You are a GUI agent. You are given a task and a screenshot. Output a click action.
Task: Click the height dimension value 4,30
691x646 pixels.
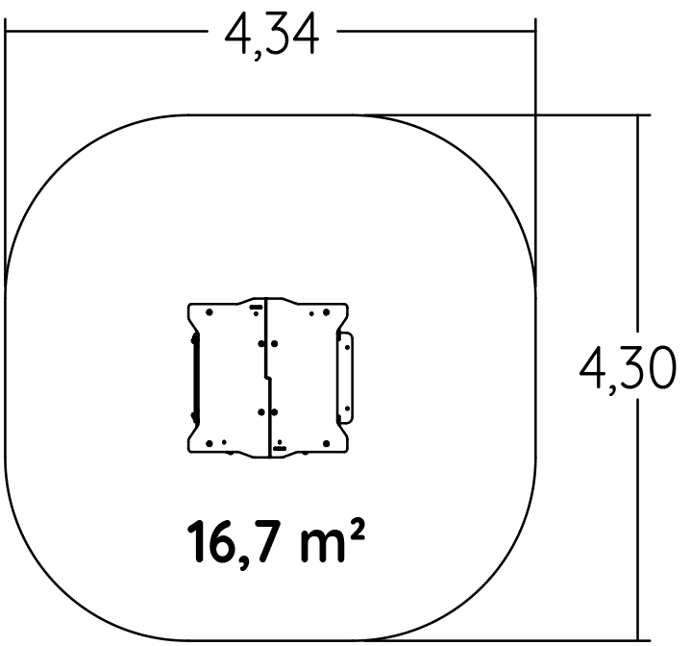coord(627,369)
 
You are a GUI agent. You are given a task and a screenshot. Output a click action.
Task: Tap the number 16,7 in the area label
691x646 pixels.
coord(238,541)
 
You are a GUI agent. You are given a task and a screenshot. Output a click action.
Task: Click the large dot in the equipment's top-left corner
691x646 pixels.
coord(210,312)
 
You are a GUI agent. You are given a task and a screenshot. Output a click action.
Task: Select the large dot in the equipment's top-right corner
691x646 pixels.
coord(326,312)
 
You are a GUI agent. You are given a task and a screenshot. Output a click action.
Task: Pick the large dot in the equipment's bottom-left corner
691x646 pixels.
coord(210,443)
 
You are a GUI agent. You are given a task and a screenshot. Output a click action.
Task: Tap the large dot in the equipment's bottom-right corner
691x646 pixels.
coord(326,443)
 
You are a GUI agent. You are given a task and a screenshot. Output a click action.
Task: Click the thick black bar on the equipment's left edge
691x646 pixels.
coord(195,378)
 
